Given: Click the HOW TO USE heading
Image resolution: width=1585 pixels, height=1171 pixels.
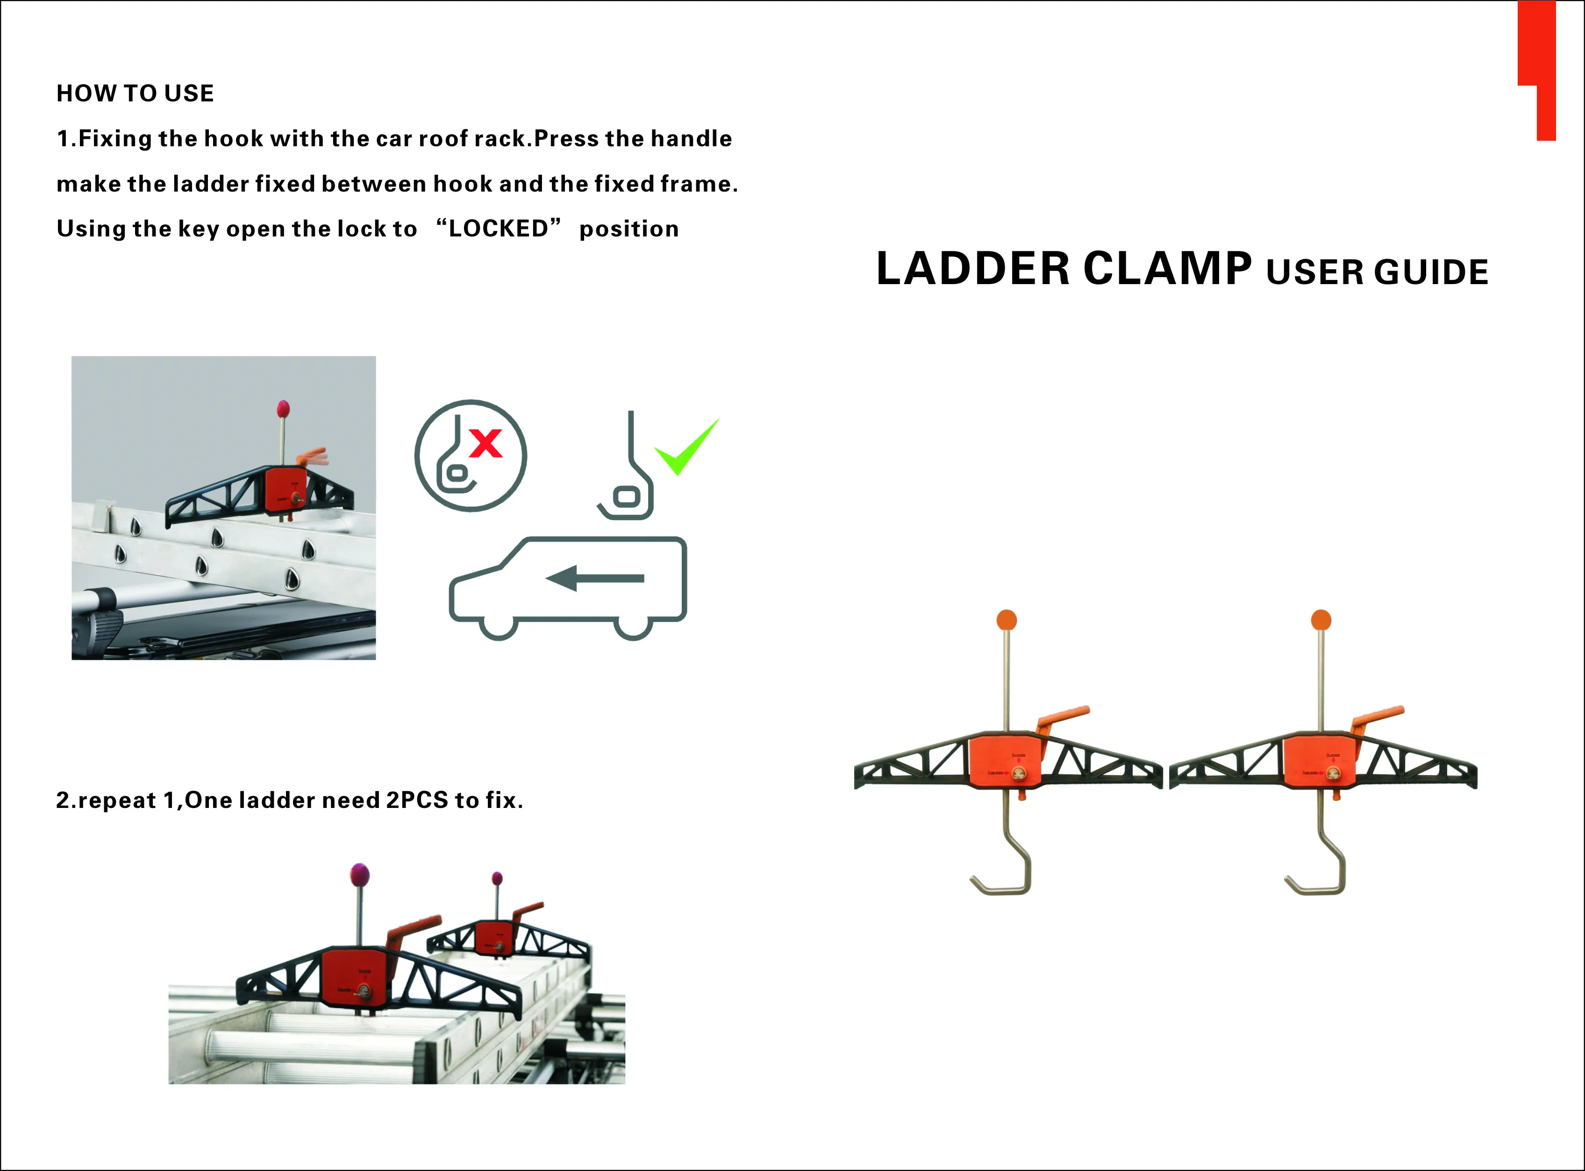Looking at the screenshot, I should coord(135,93).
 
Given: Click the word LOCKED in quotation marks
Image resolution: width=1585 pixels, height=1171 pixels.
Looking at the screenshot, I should coord(498,228).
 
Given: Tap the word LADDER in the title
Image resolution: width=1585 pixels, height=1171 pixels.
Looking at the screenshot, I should coord(972,269).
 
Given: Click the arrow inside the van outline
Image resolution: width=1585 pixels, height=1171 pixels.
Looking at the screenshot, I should coord(595,578).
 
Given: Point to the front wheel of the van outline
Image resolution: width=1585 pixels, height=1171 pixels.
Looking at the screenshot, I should coord(498,626).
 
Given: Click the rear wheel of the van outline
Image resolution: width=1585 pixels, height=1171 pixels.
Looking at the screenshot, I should coord(632,626).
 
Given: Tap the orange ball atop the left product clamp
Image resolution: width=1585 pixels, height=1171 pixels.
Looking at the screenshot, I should coord(1007,620).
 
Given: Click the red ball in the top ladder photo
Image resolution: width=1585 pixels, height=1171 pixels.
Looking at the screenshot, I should coord(283,408).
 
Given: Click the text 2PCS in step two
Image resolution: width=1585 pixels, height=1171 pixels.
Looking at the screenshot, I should coord(417,800).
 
